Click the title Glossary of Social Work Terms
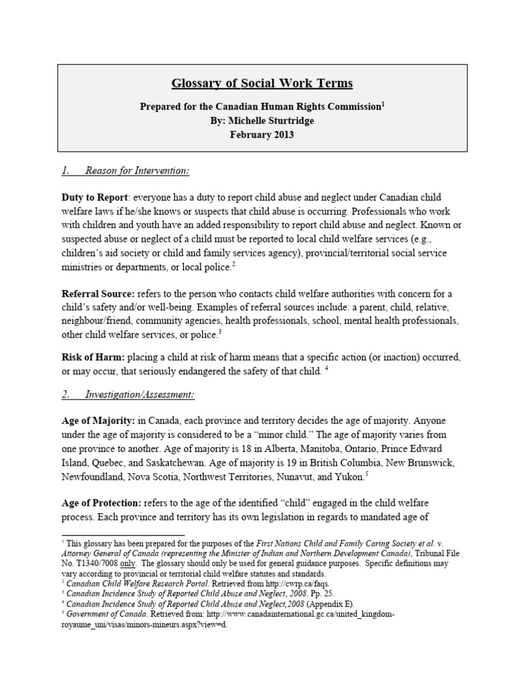coord(262,84)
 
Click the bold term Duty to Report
coord(93,197)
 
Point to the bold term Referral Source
coord(98,293)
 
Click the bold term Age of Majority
coord(97,421)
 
